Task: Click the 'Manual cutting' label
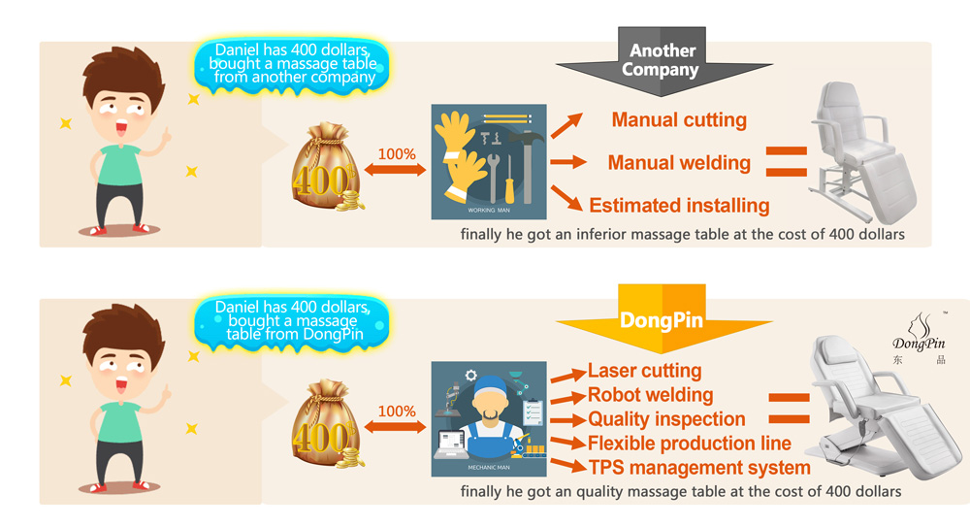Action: coord(679,120)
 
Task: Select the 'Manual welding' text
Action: coord(679,163)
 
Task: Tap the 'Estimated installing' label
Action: coord(679,206)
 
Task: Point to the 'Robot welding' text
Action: coord(650,395)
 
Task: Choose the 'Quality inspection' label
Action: coord(666,419)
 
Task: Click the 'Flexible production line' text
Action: coord(690,444)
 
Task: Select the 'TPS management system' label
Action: coord(698,468)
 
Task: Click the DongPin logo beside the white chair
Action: coord(918,336)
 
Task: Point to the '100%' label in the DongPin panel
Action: coord(396,412)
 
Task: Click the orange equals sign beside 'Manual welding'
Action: coord(787,162)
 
